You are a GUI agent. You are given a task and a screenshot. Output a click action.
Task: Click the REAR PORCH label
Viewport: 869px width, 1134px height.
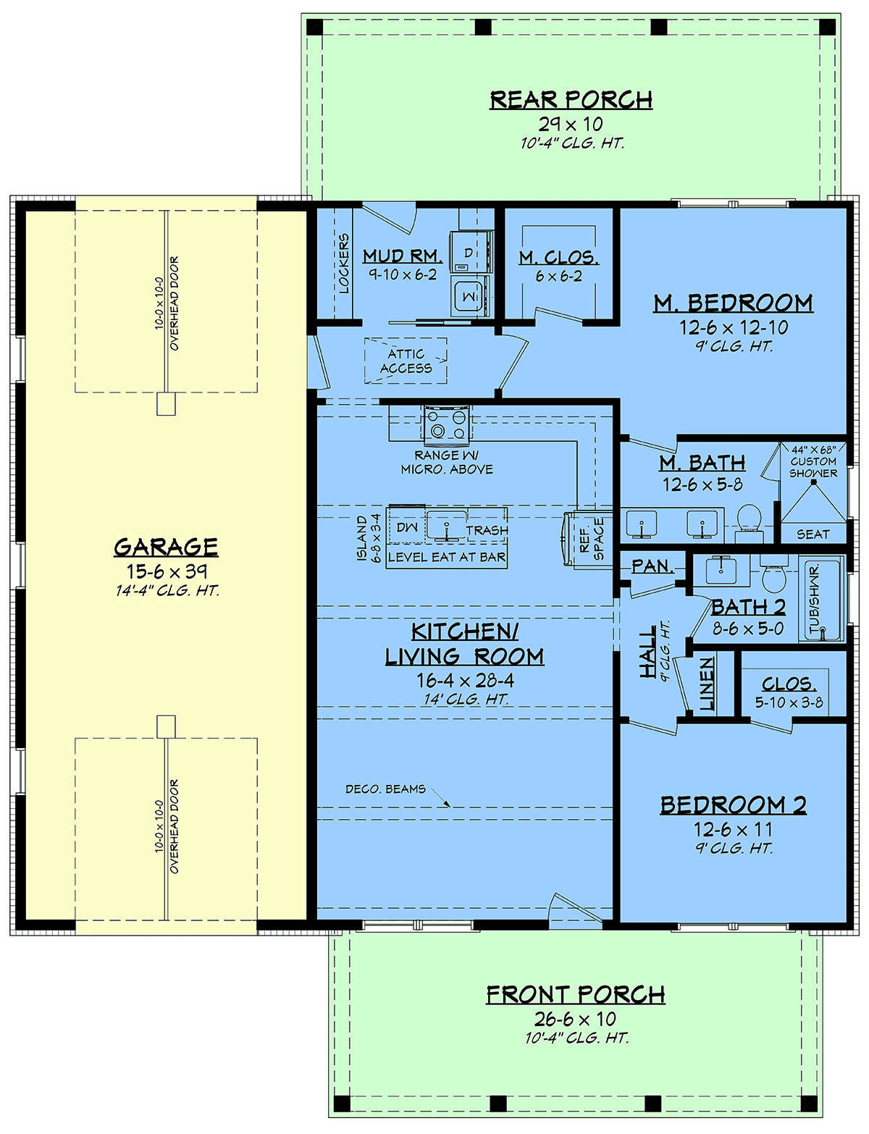tap(571, 100)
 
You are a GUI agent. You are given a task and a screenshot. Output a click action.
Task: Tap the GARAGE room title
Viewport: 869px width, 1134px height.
tap(166, 547)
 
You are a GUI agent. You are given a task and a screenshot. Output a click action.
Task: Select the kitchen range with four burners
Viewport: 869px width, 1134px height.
tap(446, 423)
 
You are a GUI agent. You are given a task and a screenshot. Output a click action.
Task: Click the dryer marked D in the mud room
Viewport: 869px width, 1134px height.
tap(471, 252)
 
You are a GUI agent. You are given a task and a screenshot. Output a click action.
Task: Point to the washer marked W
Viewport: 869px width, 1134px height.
tap(470, 296)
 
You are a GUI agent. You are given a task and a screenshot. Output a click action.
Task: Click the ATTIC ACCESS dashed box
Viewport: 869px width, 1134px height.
tap(406, 361)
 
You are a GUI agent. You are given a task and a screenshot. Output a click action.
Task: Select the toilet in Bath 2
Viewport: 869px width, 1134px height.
tap(774, 572)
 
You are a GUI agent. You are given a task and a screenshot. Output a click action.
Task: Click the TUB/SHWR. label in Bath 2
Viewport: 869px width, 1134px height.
tap(814, 599)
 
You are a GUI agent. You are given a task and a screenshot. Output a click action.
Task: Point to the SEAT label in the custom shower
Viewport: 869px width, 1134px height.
tap(813, 534)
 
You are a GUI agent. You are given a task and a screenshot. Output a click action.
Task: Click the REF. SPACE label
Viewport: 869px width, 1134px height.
tap(592, 539)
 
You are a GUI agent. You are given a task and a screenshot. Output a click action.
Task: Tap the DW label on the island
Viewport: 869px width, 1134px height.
tap(406, 528)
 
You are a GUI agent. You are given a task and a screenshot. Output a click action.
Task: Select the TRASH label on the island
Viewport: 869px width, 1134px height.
tap(487, 531)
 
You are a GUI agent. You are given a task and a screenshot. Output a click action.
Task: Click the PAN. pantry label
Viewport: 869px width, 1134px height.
tap(652, 566)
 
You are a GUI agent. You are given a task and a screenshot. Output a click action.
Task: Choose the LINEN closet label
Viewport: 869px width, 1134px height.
tap(706, 684)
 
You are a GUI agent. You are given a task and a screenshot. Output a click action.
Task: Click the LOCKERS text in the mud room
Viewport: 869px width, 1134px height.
tap(343, 264)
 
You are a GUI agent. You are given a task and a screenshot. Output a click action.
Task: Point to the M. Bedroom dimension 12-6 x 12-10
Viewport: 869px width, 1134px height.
tap(734, 328)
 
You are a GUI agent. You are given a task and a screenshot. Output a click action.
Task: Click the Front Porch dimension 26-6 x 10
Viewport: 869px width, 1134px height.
tap(575, 1018)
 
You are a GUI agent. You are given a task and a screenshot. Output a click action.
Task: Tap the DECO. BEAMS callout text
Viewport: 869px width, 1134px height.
tap(385, 789)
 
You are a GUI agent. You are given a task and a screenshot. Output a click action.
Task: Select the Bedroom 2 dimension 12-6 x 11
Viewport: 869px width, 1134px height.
tap(733, 829)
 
